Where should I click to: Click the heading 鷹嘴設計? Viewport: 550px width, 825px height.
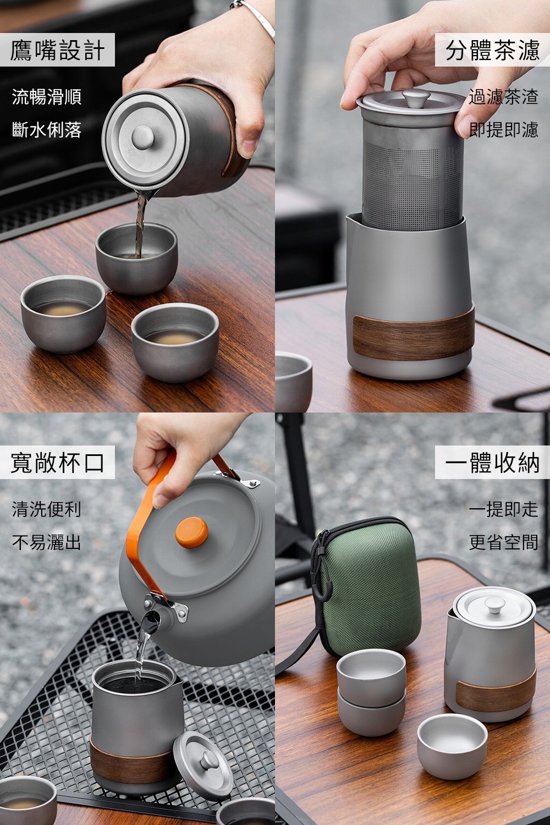(57, 50)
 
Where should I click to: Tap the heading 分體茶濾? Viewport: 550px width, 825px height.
(493, 50)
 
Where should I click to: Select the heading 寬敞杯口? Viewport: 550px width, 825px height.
(57, 462)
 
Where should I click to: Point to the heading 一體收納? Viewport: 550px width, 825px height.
(493, 462)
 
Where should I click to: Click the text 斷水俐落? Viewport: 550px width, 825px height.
(46, 130)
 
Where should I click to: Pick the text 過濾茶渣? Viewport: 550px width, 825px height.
(503, 96)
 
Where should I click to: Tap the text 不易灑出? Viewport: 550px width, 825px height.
(46, 542)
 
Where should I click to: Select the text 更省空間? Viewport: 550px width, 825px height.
(503, 542)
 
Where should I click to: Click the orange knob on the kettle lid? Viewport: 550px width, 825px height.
(191, 532)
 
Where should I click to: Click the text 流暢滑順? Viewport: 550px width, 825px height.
(46, 96)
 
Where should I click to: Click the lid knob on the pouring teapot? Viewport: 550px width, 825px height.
(142, 137)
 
